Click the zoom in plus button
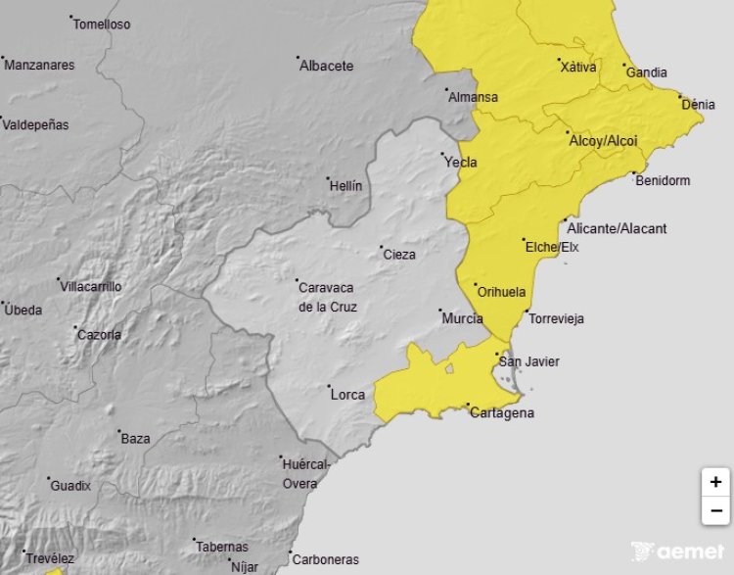point(715,482)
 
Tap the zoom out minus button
point(715,510)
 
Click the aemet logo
point(678,551)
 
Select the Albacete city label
point(326,66)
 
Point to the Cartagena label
point(502,412)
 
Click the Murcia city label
point(462,318)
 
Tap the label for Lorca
point(347,395)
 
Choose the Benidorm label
point(663,180)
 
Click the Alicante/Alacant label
point(617,228)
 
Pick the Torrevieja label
point(555,318)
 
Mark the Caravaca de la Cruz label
point(327,297)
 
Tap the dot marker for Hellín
point(329,179)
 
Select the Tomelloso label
point(102,24)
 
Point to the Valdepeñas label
point(36,124)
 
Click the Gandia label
point(646,72)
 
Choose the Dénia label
point(698,104)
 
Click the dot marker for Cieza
point(382,248)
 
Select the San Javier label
point(529,361)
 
